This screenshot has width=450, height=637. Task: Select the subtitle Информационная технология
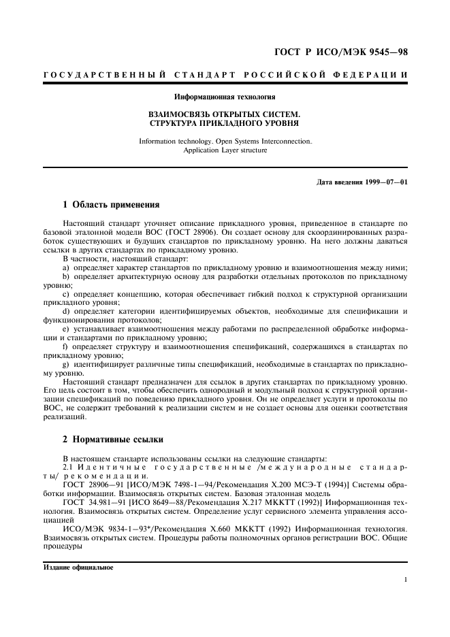[x=225, y=97]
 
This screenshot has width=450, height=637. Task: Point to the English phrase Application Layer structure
[x=225, y=150]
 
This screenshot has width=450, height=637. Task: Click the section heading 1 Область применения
[x=112, y=204]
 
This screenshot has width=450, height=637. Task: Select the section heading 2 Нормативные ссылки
[x=112, y=439]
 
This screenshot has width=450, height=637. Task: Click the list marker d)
[x=67, y=311]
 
